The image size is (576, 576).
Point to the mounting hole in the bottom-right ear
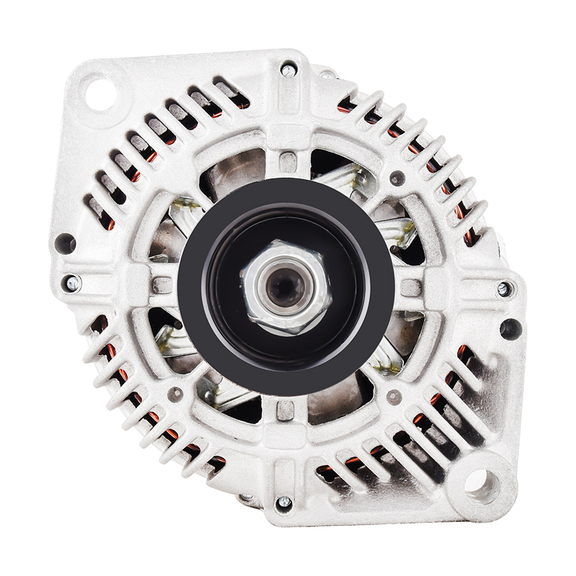click(x=481, y=484)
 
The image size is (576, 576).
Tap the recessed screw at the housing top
click(x=288, y=69)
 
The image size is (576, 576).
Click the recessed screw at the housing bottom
click(x=284, y=502)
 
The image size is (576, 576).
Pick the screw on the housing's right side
click(x=504, y=289)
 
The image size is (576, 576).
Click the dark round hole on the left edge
click(x=66, y=243)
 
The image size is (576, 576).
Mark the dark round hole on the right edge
click(x=510, y=329)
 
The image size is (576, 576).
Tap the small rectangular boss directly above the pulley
click(x=288, y=162)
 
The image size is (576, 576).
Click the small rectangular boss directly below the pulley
click(x=286, y=410)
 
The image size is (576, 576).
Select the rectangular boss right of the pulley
click(x=411, y=288)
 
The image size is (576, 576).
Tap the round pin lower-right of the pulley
click(x=393, y=397)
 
